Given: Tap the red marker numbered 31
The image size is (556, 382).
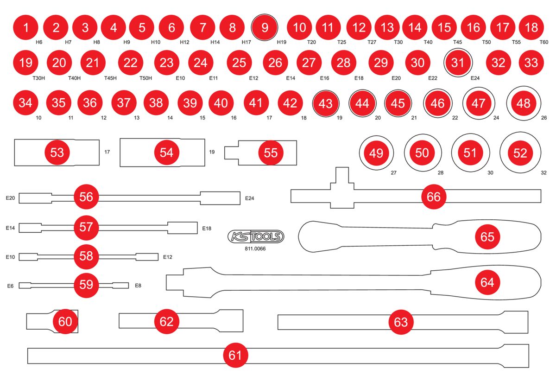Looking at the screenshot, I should click(x=458, y=63).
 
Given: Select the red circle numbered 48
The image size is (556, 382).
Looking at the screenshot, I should click(x=523, y=103).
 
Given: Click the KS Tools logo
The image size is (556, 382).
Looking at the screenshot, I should click(x=256, y=237).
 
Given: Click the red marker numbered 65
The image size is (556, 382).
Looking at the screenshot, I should click(x=487, y=237).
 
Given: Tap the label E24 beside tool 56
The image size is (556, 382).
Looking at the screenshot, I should click(x=250, y=198).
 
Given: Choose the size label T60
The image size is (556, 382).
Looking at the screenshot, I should click(x=544, y=42).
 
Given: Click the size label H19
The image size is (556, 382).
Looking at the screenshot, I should click(x=282, y=42).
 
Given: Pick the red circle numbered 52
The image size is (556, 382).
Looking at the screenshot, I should click(x=520, y=153).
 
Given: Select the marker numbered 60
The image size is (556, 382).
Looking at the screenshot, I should click(x=65, y=321).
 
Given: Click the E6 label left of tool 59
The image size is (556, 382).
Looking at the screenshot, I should click(x=10, y=286).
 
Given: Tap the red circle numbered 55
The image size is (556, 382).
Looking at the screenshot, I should click(x=271, y=153).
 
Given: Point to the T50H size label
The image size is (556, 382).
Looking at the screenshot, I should click(x=145, y=78).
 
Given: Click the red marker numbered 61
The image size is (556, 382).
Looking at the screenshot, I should click(x=235, y=356).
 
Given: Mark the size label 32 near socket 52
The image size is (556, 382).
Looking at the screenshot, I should click(x=543, y=172).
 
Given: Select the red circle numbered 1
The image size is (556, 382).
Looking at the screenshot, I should click(x=26, y=27).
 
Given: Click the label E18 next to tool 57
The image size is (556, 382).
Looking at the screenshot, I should click(x=207, y=228).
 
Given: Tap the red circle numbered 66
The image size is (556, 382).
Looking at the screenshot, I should click(x=434, y=197).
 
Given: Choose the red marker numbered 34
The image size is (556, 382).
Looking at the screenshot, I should click(x=25, y=103).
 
